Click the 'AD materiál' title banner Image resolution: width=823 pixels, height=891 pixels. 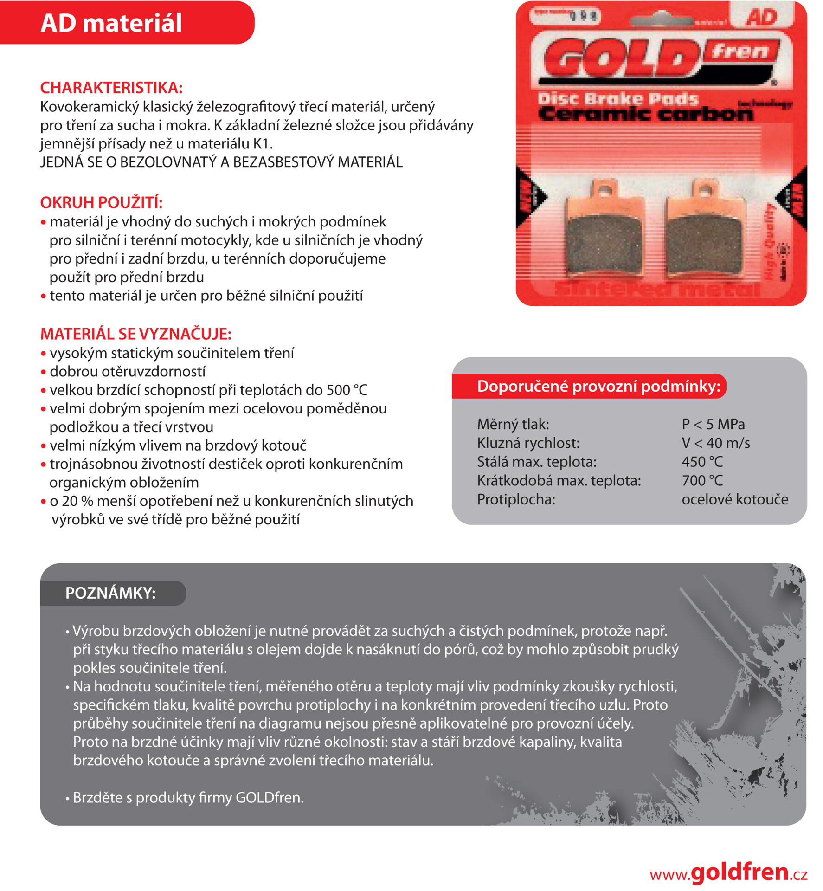tap(111, 23)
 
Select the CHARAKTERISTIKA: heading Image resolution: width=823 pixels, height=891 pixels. tap(111, 88)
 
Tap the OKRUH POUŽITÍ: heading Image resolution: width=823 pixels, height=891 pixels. tap(101, 202)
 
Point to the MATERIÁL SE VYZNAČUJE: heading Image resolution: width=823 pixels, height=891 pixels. tap(135, 334)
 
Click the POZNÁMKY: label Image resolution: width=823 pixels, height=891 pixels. tap(110, 593)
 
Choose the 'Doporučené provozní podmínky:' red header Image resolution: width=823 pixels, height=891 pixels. tap(598, 386)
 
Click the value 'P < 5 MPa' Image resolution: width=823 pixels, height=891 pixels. tap(713, 424)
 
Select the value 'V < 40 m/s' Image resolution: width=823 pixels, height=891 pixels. tap(715, 443)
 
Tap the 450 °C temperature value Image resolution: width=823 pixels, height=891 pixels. tap(702, 462)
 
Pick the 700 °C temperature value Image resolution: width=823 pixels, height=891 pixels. tap(702, 481)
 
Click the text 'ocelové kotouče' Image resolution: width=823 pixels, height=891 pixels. tap(735, 499)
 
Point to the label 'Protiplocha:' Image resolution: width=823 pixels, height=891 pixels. tap(516, 499)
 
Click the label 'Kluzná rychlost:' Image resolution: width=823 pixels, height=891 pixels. tap(528, 443)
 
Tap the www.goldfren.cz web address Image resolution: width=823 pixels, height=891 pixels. tap(728, 872)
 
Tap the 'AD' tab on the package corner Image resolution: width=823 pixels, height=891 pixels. tap(762, 17)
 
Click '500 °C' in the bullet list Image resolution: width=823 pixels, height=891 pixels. tap(347, 390)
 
